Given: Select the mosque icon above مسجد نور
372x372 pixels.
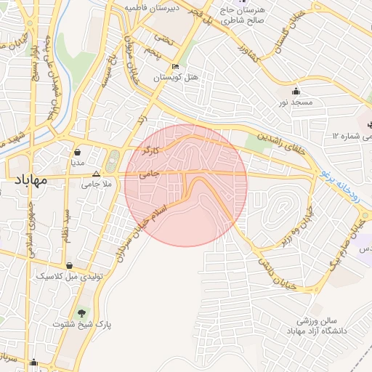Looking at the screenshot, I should [x=296, y=91].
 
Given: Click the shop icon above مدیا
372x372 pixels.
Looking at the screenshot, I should [x=77, y=152].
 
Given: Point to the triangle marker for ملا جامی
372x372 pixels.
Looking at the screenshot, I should [x=97, y=174].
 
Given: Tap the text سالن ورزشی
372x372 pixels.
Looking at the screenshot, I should [x=312, y=320].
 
